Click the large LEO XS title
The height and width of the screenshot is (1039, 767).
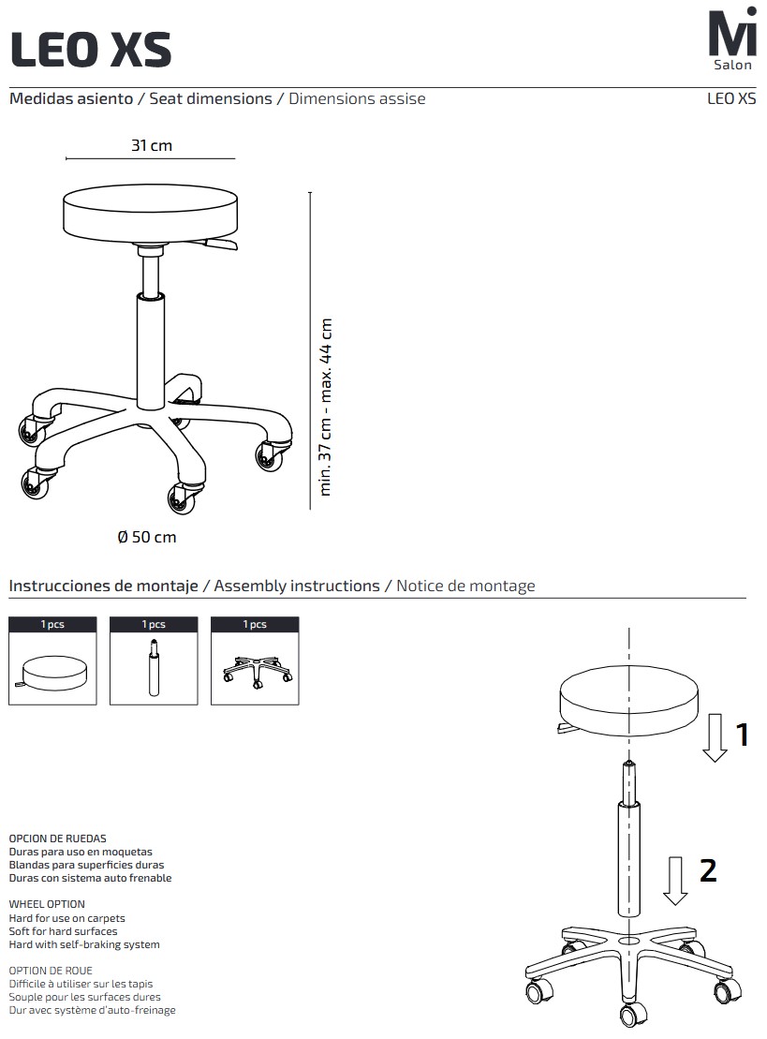(91, 49)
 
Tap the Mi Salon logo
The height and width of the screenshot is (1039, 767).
(732, 38)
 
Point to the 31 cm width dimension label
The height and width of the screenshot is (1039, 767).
(152, 145)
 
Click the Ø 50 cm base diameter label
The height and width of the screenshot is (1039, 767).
(147, 537)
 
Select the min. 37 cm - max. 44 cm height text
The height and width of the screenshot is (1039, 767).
(325, 407)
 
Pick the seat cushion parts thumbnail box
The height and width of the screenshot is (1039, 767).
(53, 661)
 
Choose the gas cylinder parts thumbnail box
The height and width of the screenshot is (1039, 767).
(154, 661)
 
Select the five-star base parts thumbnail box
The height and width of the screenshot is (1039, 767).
(255, 661)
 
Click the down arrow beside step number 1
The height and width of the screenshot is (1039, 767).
(715, 737)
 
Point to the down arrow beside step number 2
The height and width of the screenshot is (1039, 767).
(675, 881)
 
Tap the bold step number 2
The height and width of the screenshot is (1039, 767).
(708, 870)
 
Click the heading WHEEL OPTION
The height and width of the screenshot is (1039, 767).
(47, 904)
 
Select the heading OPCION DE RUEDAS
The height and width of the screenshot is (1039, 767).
(58, 839)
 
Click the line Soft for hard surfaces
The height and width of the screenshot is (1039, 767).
(63, 931)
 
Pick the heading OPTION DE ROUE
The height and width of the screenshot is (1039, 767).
(51, 970)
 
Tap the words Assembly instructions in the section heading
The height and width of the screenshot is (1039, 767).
(297, 586)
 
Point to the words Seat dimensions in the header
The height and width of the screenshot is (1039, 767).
(211, 98)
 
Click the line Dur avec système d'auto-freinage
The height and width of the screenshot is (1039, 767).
(92, 1011)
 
